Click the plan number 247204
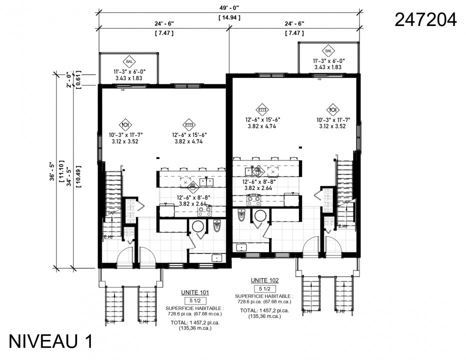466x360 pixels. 425,19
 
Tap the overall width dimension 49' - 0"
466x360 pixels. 229,7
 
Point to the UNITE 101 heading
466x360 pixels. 195,292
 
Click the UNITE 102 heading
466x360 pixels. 264,280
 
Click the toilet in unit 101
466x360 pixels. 217,226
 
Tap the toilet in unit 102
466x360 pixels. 241,215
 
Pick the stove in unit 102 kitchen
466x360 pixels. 254,200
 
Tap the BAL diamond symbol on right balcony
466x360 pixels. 328,51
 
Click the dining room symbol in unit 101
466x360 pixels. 125,124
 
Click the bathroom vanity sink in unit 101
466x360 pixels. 217,258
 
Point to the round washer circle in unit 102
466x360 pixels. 260,215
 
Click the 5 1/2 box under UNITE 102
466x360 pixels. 264,289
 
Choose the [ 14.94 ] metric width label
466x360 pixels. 229,17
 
